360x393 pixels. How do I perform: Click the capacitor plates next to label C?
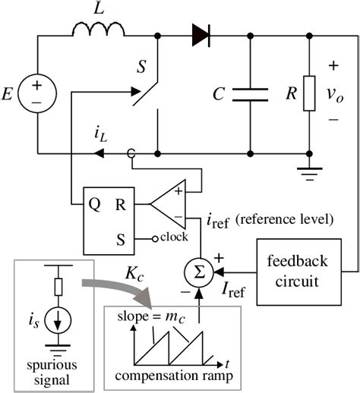(250, 93)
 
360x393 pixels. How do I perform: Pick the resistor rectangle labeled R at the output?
(309, 94)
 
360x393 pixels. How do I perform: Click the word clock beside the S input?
(175, 236)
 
